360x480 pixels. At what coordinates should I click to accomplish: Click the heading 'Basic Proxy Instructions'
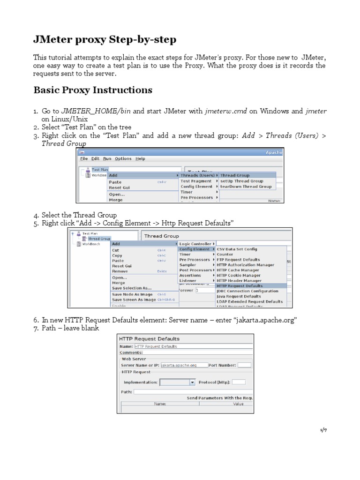click(92, 90)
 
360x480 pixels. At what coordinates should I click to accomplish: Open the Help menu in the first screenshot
click(140, 158)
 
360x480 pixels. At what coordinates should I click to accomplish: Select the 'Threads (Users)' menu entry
click(197, 175)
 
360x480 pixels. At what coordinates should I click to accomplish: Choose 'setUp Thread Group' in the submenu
click(241, 181)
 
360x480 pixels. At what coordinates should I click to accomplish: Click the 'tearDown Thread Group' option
click(246, 187)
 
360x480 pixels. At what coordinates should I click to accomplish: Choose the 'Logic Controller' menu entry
click(195, 244)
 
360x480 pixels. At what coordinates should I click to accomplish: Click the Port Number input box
click(244, 365)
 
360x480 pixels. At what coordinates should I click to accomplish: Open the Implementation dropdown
click(177, 382)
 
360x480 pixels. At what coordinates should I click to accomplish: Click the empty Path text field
click(192, 392)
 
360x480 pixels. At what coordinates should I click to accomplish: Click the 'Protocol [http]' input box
click(239, 382)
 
